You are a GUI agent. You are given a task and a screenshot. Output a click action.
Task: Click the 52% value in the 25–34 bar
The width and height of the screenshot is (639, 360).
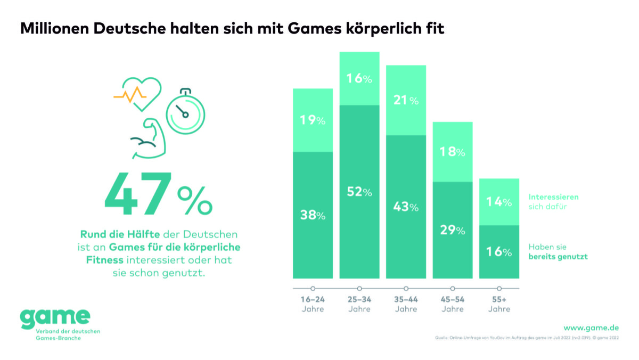359,192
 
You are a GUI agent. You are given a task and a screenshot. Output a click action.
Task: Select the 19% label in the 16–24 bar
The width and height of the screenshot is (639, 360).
313,120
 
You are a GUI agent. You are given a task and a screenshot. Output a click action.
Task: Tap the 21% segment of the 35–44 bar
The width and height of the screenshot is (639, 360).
406,100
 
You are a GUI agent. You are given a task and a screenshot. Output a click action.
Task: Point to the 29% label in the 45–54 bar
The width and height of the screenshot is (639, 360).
453,231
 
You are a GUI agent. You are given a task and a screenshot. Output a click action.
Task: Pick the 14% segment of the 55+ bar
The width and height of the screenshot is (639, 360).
499,202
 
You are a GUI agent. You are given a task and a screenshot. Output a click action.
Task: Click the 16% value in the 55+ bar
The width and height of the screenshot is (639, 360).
499,251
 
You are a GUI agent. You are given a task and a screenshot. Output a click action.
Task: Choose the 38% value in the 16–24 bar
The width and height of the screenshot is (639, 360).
313,216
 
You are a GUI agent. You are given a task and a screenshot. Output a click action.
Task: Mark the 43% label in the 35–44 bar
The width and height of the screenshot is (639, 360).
406,207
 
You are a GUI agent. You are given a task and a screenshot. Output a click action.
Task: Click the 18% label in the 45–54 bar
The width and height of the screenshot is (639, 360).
453,152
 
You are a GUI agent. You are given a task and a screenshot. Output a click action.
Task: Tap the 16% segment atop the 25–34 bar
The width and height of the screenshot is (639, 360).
359,79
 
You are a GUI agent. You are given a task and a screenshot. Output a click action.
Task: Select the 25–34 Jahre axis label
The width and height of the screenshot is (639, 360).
359,304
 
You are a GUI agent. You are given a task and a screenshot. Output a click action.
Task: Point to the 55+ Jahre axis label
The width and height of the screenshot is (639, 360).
499,304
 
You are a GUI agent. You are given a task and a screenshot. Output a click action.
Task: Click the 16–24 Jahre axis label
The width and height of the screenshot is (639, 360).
313,304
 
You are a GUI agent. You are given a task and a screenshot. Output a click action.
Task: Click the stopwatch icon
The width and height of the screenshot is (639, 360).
184,111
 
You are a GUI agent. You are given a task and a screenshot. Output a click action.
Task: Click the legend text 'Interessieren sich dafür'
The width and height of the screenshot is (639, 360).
553,202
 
